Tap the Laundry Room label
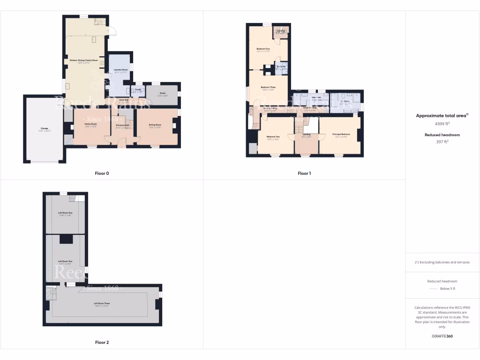point(121,70)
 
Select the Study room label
point(163,93)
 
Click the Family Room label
point(90,125)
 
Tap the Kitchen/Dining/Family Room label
point(84,60)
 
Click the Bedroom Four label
point(263,49)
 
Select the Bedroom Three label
point(268,88)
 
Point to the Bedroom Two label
point(273,136)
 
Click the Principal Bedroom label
point(341,135)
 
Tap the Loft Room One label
point(65,213)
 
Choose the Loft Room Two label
point(65,262)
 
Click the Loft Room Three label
point(102,303)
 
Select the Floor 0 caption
point(102,173)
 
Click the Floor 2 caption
point(102,343)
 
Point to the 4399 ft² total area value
point(442,124)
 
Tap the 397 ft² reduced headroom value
point(442,141)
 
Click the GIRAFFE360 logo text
point(442,336)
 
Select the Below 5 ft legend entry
point(447,289)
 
